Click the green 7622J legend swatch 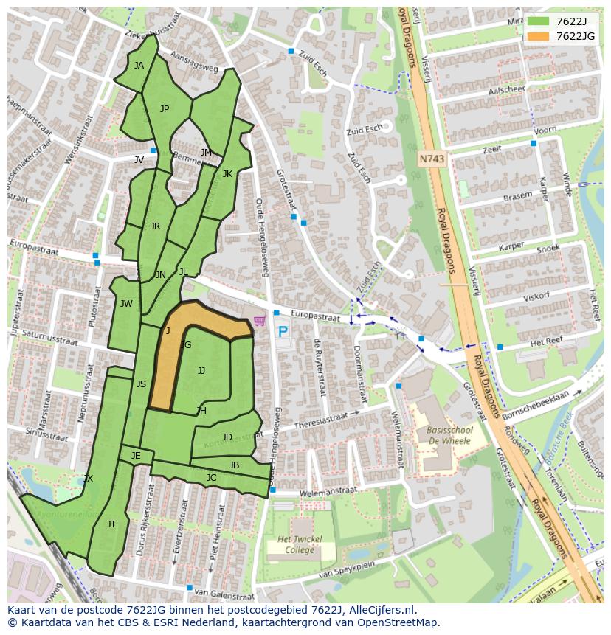(x=539, y=21)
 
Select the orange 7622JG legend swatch (x=539, y=36)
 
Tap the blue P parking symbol (x=283, y=332)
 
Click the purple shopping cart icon (x=259, y=321)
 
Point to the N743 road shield (x=432, y=159)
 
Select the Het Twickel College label (x=300, y=545)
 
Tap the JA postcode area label (x=139, y=65)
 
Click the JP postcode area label (x=165, y=109)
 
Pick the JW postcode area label (x=126, y=304)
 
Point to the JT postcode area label (x=111, y=524)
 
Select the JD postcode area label (x=227, y=437)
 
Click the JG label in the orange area (x=186, y=345)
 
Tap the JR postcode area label (x=155, y=226)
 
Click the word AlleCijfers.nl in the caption (x=381, y=610)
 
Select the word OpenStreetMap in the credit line (x=402, y=622)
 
